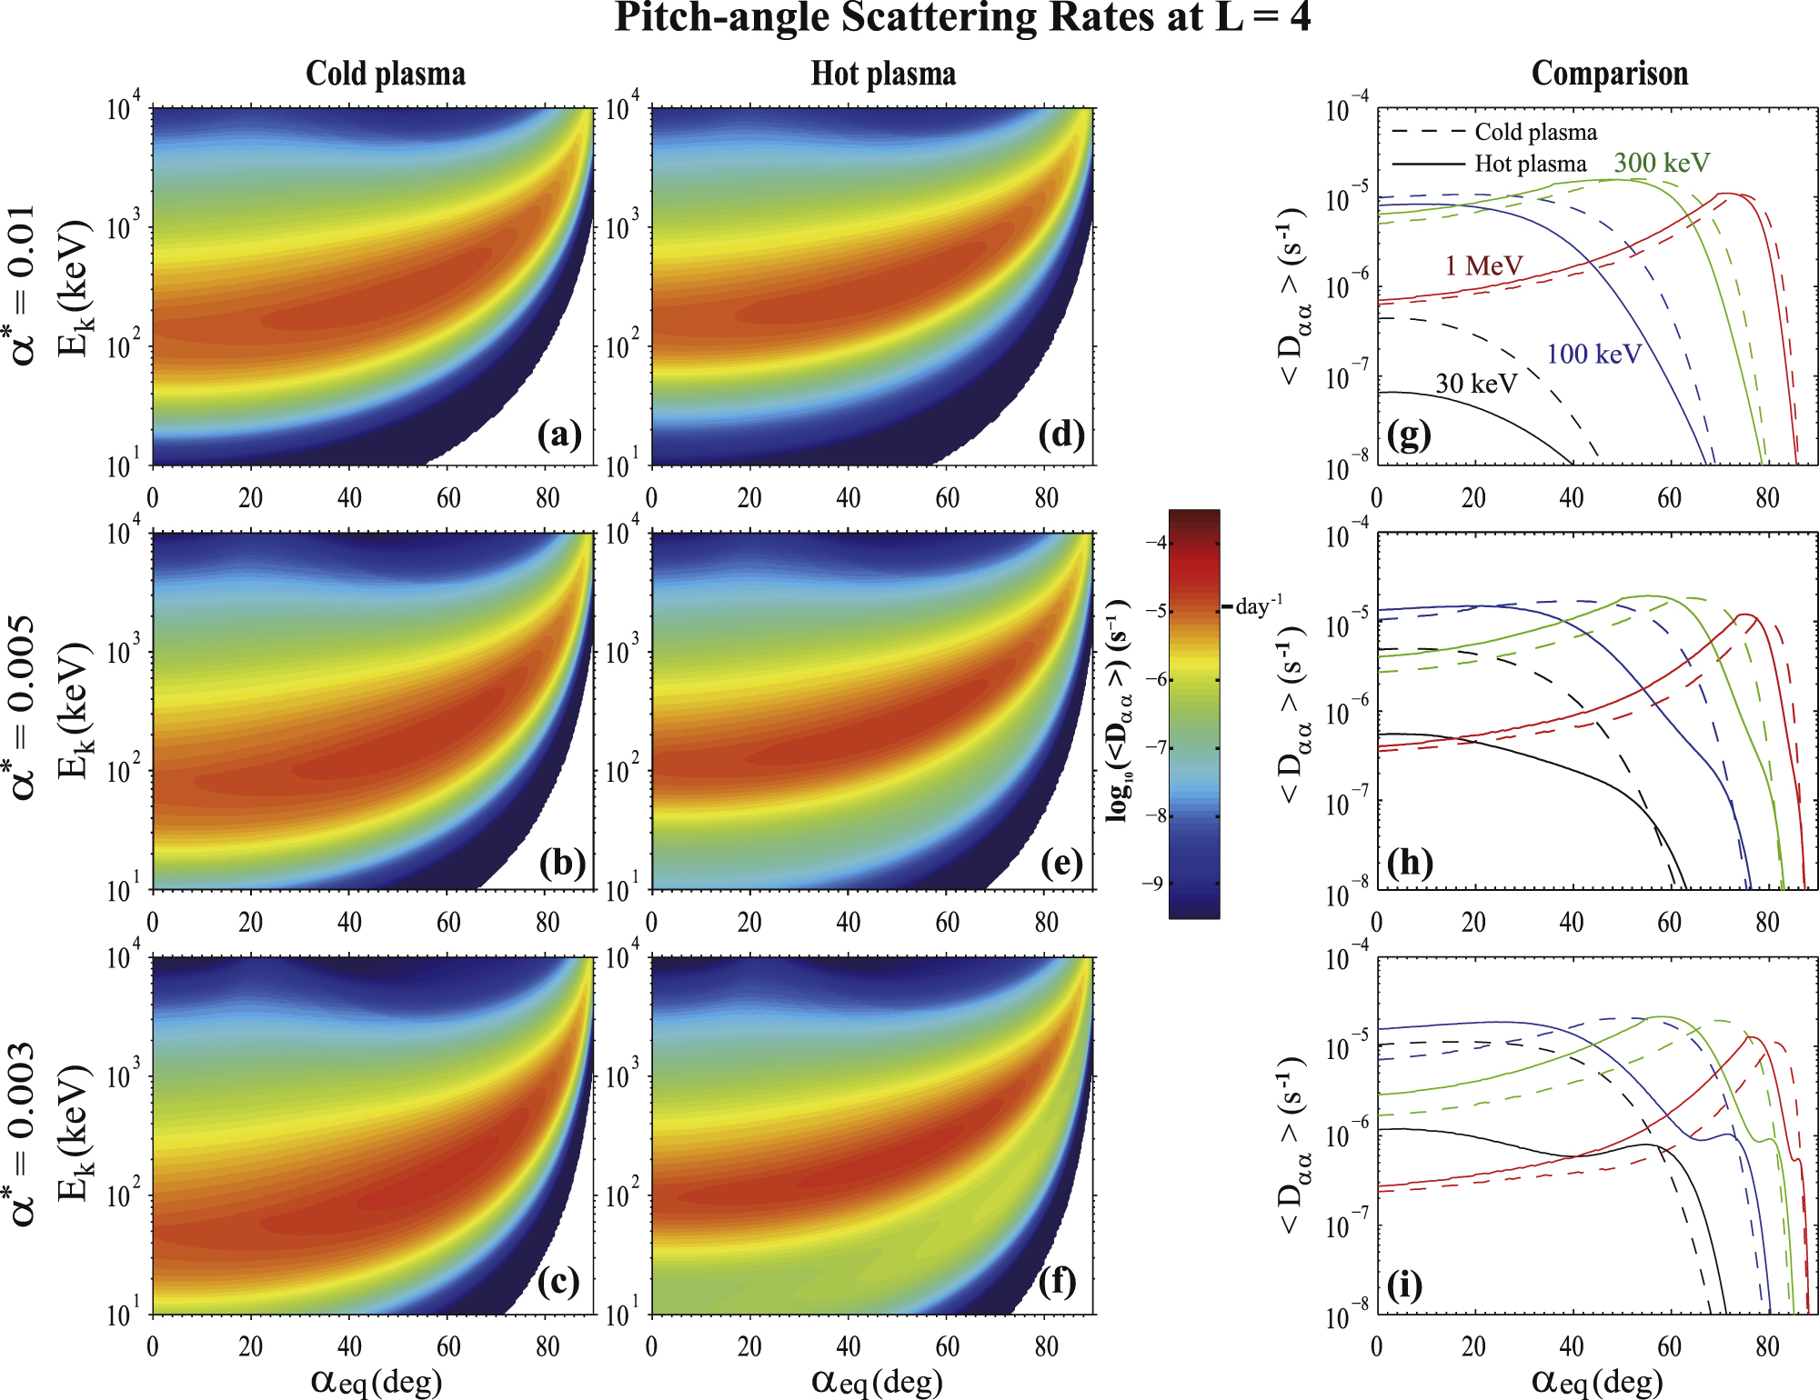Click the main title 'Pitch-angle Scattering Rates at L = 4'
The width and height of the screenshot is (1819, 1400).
[962, 18]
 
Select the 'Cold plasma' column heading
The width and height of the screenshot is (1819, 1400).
[386, 74]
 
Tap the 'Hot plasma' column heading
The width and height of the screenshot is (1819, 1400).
[883, 74]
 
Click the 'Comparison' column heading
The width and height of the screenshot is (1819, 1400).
[1609, 74]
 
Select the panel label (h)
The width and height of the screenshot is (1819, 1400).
[1410, 861]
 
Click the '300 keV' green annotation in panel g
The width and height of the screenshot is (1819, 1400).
[1662, 163]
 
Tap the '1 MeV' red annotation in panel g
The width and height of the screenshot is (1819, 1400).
[1483, 265]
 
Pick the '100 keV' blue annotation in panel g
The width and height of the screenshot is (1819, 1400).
[1593, 354]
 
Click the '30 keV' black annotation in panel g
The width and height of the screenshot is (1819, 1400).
[1475, 384]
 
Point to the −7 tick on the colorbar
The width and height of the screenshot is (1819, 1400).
[1155, 747]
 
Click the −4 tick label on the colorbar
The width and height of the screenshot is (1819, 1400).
[1155, 543]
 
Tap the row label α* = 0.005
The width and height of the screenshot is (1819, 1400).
[24, 708]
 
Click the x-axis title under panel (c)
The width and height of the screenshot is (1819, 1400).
[377, 1381]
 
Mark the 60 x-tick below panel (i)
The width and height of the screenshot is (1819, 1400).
[1669, 1346]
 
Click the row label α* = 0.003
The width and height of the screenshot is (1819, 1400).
[24, 1134]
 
